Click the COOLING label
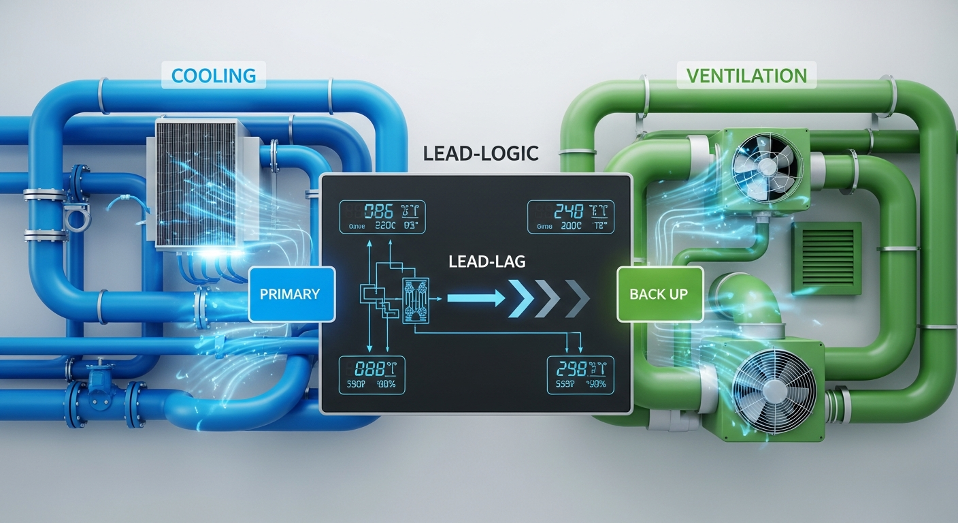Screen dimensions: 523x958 214,75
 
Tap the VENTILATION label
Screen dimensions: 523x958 746,75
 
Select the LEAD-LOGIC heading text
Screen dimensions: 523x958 480,153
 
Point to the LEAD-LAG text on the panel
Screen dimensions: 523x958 486,261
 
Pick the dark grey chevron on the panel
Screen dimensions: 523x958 576,298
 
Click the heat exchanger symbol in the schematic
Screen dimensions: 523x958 417,298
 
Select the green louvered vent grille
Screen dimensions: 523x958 826,258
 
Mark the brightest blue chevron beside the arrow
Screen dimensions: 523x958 523,298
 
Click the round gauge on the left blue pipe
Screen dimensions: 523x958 73,219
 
